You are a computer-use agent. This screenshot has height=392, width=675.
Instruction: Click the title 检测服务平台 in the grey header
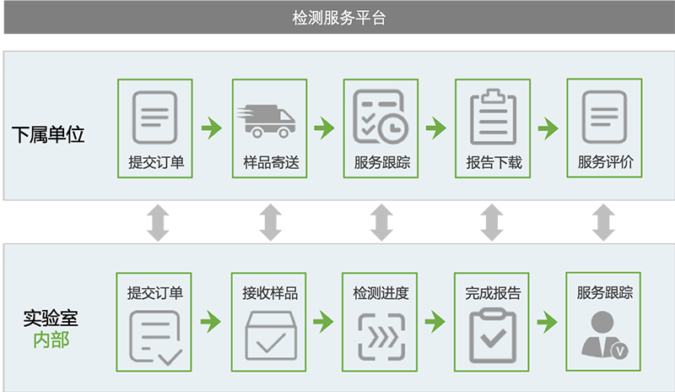point(339,18)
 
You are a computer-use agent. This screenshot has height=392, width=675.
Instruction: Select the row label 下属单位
point(48,134)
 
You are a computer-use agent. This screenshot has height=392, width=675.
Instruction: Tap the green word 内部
point(51,340)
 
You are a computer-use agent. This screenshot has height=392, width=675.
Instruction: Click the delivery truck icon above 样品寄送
point(266,121)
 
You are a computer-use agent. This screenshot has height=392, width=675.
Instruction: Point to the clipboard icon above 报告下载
point(493,117)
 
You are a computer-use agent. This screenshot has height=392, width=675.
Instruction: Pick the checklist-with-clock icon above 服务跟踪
point(381,117)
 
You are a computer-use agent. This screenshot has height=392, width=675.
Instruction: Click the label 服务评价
point(605,162)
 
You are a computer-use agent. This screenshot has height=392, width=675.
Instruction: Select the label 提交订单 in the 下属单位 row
point(156,162)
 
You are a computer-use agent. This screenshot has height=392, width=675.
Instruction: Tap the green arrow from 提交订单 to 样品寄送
point(212,128)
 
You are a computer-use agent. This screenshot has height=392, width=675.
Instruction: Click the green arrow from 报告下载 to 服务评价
point(548,128)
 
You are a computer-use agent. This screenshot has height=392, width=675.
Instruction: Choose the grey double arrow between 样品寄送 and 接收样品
point(270,222)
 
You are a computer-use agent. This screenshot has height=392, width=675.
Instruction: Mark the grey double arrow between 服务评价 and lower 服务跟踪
point(603,222)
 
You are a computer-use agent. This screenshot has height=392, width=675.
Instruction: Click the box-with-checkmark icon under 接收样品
point(271,335)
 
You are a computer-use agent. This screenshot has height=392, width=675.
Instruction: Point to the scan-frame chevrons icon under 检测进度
point(381,337)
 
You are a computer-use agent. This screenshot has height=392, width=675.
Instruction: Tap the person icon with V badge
point(604,335)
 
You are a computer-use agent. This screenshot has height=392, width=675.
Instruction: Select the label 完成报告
point(493,293)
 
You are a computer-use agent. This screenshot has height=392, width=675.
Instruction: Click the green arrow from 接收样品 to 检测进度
point(323,321)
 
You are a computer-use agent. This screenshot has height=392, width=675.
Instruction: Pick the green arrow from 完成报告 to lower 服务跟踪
point(547,322)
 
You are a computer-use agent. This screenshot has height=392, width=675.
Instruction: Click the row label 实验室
point(51,318)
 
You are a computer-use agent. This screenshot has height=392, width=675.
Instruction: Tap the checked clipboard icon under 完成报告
point(493,335)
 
